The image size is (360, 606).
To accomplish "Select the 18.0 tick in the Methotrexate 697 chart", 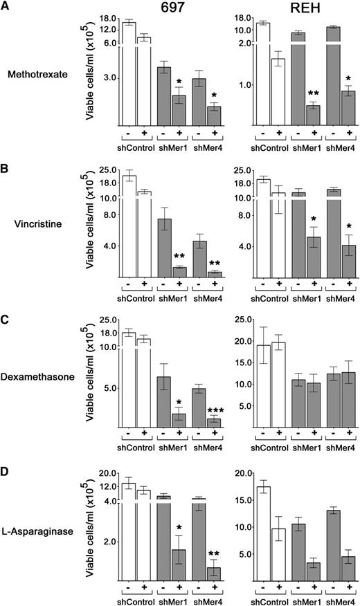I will (110, 19).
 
